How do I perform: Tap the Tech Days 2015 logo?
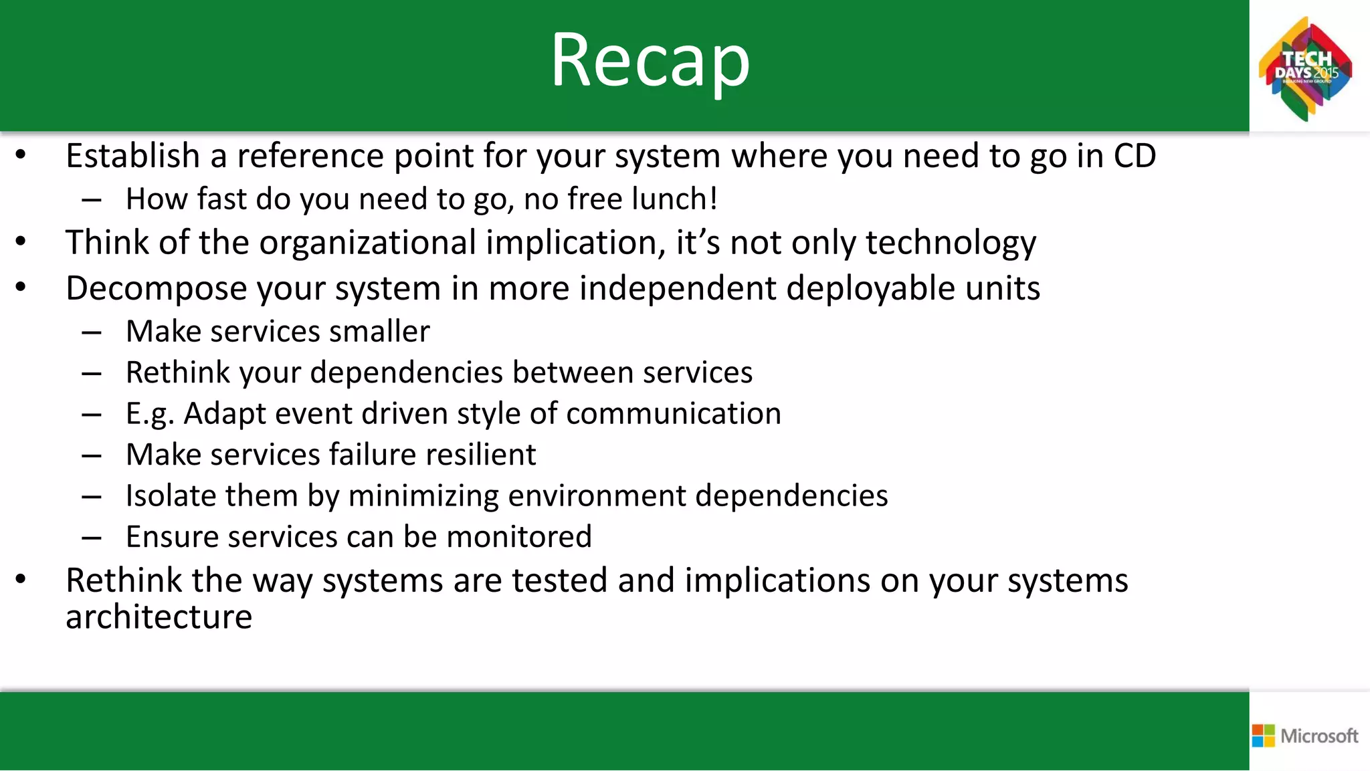(1306, 69)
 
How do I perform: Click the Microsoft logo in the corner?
(1305, 736)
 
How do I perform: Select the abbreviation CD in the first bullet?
(1135, 156)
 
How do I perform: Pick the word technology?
(951, 243)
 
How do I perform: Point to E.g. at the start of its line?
(150, 415)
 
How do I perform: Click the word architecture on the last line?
(159, 617)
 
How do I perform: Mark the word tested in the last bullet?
(559, 580)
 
